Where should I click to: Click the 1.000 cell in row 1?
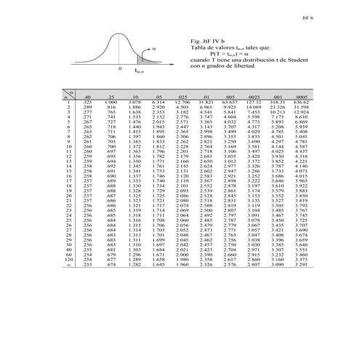click(112, 102)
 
